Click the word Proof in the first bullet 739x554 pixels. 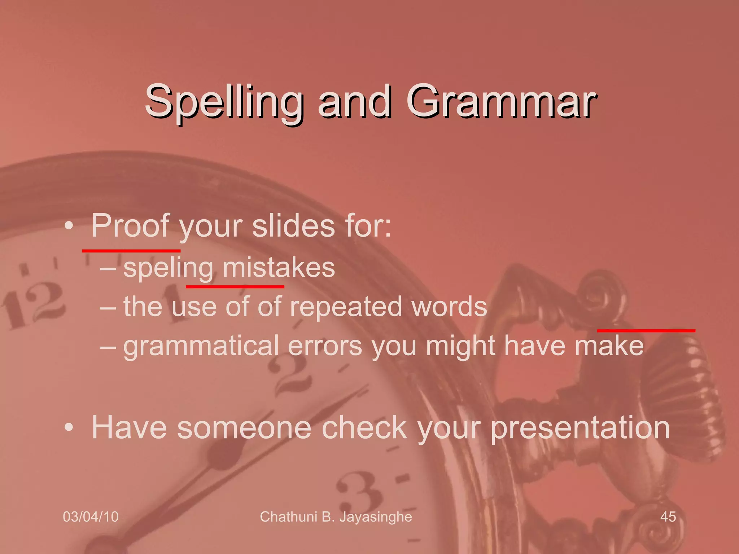[130, 226]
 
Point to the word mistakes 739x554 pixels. [279, 268]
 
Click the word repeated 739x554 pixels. [346, 307]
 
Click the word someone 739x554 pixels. [244, 427]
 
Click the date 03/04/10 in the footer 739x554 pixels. [91, 517]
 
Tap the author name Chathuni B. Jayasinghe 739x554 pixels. [336, 517]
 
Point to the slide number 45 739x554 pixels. [668, 517]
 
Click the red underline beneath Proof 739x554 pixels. [131, 250]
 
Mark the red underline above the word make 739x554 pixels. [646, 330]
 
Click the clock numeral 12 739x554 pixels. [34, 305]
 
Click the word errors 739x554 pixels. [325, 346]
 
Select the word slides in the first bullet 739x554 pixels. [293, 226]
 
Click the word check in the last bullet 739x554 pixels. [364, 427]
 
